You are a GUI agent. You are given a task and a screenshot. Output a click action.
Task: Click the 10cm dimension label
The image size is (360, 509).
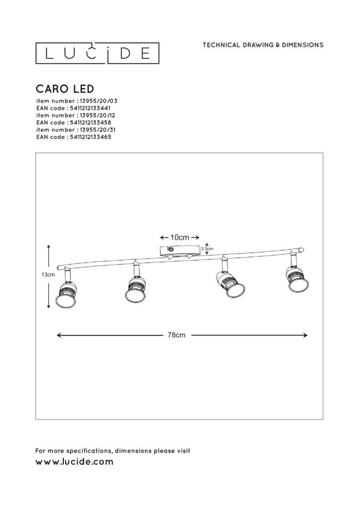coord(180,237)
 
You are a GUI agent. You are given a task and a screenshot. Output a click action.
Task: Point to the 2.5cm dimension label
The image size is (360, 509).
coord(207,249)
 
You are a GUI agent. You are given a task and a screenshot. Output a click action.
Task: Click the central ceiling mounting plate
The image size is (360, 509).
coord(180,251)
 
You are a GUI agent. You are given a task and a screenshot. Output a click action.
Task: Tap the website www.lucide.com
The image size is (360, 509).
coord(74,462)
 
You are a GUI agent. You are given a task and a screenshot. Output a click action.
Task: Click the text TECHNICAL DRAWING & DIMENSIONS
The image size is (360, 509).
coord(263,45)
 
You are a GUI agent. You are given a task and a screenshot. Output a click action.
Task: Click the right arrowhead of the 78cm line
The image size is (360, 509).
coord(305,335)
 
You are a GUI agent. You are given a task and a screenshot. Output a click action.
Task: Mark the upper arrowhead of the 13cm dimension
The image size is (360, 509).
coord(48,247)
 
